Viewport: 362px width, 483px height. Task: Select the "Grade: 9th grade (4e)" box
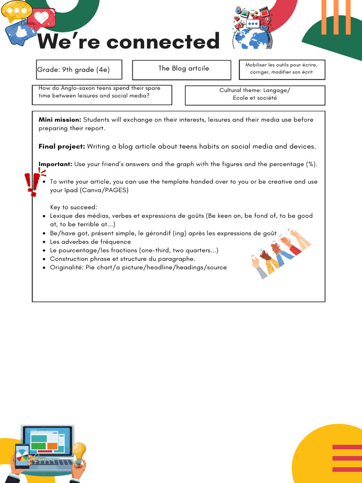point(79,70)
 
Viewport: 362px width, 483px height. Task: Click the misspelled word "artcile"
point(198,68)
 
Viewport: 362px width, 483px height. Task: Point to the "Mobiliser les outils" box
point(281,69)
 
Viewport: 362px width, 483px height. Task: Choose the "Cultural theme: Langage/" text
point(255,90)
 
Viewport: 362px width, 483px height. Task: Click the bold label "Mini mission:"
point(60,120)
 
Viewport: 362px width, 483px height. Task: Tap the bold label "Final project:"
point(62,147)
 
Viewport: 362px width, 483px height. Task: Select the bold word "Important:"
point(56,164)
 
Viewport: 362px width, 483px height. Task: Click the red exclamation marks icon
point(32,183)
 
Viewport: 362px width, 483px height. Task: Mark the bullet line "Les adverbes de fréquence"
point(90,242)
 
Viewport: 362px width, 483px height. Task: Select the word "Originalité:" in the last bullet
point(66,267)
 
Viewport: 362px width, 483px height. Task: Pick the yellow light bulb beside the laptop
point(78,451)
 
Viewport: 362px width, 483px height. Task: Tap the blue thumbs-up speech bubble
point(20,33)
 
